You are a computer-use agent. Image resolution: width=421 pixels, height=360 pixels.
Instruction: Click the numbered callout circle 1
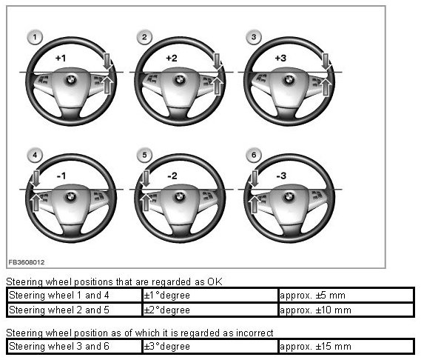pyautogui.click(x=35, y=37)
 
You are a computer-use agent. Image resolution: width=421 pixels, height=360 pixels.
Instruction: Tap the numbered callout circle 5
pyautogui.click(x=144, y=155)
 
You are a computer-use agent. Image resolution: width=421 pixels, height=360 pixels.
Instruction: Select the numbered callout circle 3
pyautogui.click(x=254, y=37)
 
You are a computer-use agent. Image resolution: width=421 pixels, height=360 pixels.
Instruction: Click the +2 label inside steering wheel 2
pyautogui.click(x=172, y=58)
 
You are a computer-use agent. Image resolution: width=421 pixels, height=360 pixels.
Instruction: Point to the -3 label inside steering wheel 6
pyautogui.click(x=281, y=176)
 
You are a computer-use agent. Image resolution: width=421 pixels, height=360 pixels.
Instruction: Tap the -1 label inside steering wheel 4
pyautogui.click(x=61, y=176)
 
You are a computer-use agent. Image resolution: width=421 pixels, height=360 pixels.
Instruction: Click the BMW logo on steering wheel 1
pyautogui.click(x=71, y=80)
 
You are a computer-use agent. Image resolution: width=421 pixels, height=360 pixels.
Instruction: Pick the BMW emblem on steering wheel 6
pyautogui.click(x=289, y=197)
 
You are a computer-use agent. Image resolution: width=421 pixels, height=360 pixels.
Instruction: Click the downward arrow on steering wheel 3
pyautogui.click(x=326, y=61)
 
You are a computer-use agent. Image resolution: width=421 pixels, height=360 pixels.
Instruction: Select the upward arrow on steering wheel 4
pyautogui.click(x=36, y=203)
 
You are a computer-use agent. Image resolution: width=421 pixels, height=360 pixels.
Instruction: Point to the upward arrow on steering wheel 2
pyautogui.click(x=217, y=85)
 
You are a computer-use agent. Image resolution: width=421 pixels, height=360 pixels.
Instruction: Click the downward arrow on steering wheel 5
pyautogui.click(x=145, y=179)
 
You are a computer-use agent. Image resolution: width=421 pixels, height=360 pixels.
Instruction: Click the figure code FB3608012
pyautogui.click(x=27, y=262)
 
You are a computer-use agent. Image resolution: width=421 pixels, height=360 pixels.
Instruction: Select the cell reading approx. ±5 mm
pyautogui.click(x=312, y=296)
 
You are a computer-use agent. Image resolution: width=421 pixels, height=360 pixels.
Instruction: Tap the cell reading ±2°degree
pyautogui.click(x=166, y=310)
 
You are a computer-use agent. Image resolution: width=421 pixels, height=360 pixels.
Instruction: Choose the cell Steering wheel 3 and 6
pyautogui.click(x=59, y=346)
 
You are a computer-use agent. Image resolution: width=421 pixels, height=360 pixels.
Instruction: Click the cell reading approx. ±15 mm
pyautogui.click(x=315, y=346)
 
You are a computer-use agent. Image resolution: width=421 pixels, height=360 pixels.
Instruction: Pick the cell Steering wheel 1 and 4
pyautogui.click(x=59, y=296)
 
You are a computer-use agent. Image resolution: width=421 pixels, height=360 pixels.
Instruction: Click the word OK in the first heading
pyautogui.click(x=215, y=281)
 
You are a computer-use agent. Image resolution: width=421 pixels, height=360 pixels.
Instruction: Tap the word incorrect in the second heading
pyautogui.click(x=255, y=333)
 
